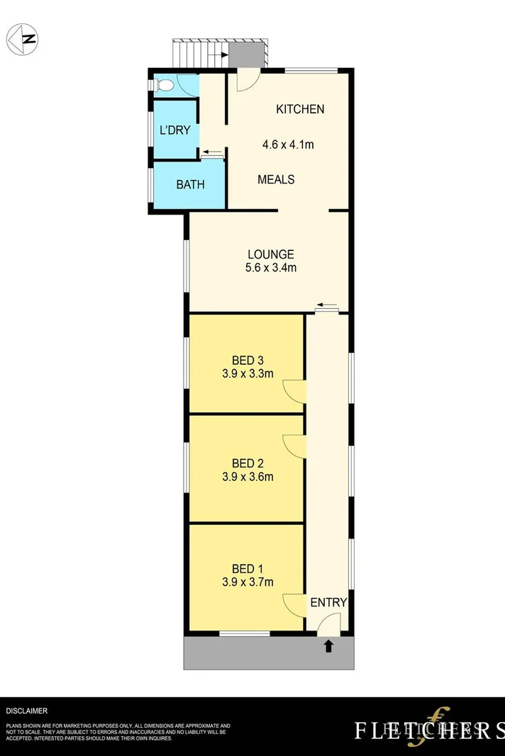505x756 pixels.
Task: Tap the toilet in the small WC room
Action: (164, 86)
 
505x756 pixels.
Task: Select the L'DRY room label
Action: (174, 130)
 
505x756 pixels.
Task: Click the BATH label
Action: (190, 185)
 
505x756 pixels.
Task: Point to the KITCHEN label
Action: (300, 109)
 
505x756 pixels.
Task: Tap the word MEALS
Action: (276, 179)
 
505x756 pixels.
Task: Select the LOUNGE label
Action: (270, 254)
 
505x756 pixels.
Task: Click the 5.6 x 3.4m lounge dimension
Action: (270, 268)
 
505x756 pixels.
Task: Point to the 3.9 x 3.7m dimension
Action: (248, 582)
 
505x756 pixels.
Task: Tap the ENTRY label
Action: (328, 603)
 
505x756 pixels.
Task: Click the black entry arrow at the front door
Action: (328, 645)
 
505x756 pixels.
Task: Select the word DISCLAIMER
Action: (27, 710)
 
